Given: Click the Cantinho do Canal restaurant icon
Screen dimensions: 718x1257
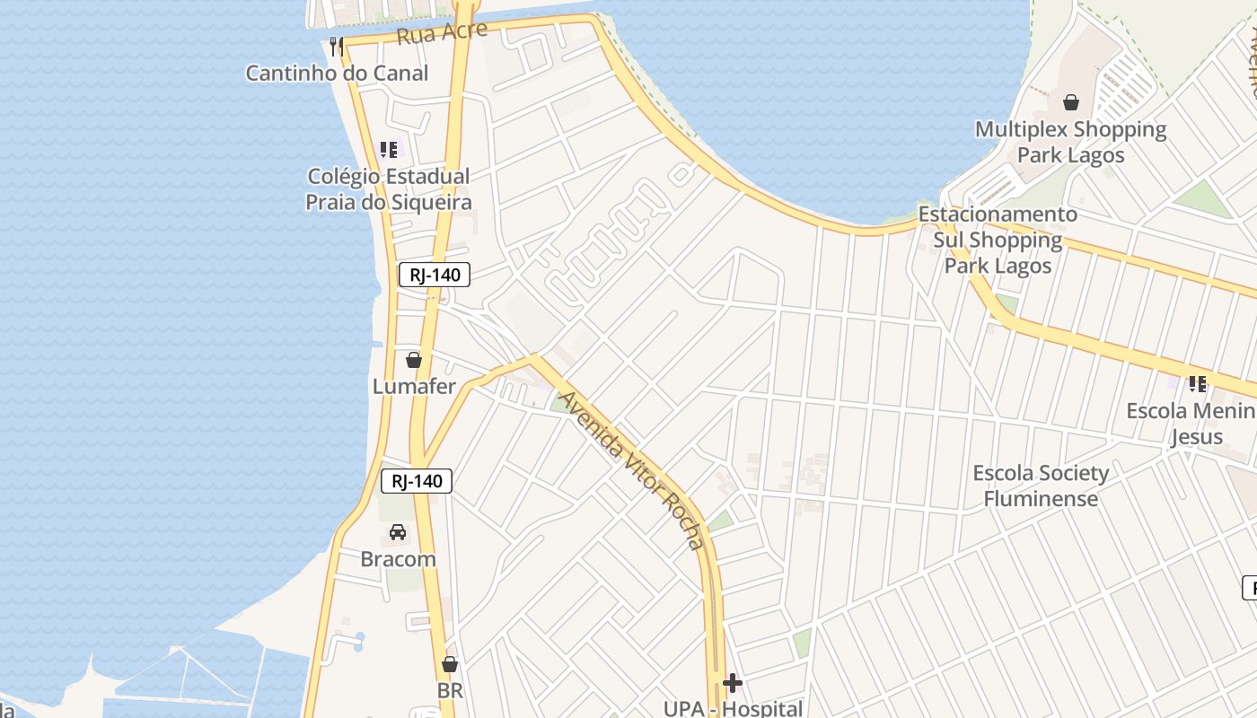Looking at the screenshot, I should point(336,46).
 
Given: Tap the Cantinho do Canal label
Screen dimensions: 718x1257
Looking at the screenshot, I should point(337,74).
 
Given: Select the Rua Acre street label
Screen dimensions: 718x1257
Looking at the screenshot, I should point(442,33).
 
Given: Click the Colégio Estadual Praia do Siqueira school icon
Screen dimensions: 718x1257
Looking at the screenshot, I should point(389,150).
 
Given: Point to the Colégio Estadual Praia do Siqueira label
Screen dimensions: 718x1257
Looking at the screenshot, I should point(389,189).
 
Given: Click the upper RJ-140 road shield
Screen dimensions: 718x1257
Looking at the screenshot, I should point(435,275).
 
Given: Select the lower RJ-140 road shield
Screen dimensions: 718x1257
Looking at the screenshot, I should point(417,481).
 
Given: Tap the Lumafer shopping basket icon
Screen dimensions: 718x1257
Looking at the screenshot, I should point(414,360).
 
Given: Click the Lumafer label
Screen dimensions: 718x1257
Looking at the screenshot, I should point(414,387).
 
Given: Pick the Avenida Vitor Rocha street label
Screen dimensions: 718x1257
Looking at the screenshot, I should point(630,469).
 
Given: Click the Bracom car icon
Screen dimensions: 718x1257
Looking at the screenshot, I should point(398,532).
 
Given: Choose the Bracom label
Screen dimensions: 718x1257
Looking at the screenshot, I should point(398,559).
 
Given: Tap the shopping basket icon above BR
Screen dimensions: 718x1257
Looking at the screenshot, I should point(450,664).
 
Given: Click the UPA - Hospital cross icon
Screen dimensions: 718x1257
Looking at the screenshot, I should point(733,683).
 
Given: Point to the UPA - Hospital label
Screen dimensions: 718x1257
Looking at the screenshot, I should point(733,708).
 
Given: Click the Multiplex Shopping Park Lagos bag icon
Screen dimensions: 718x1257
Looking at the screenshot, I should point(1071,102).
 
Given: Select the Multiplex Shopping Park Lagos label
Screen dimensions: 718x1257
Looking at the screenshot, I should point(1071,142).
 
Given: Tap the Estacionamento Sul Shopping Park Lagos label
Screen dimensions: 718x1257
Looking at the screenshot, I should point(998,241).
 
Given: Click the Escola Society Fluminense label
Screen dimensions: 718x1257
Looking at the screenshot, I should point(1041,486).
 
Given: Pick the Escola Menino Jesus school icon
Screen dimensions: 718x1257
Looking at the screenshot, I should point(1197,384).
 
